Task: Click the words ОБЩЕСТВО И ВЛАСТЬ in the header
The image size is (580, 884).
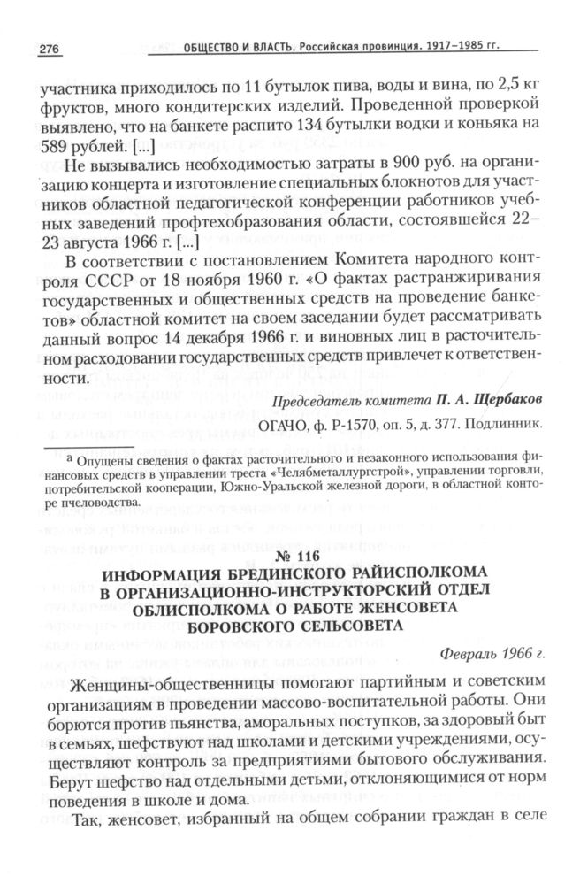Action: (x=233, y=48)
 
